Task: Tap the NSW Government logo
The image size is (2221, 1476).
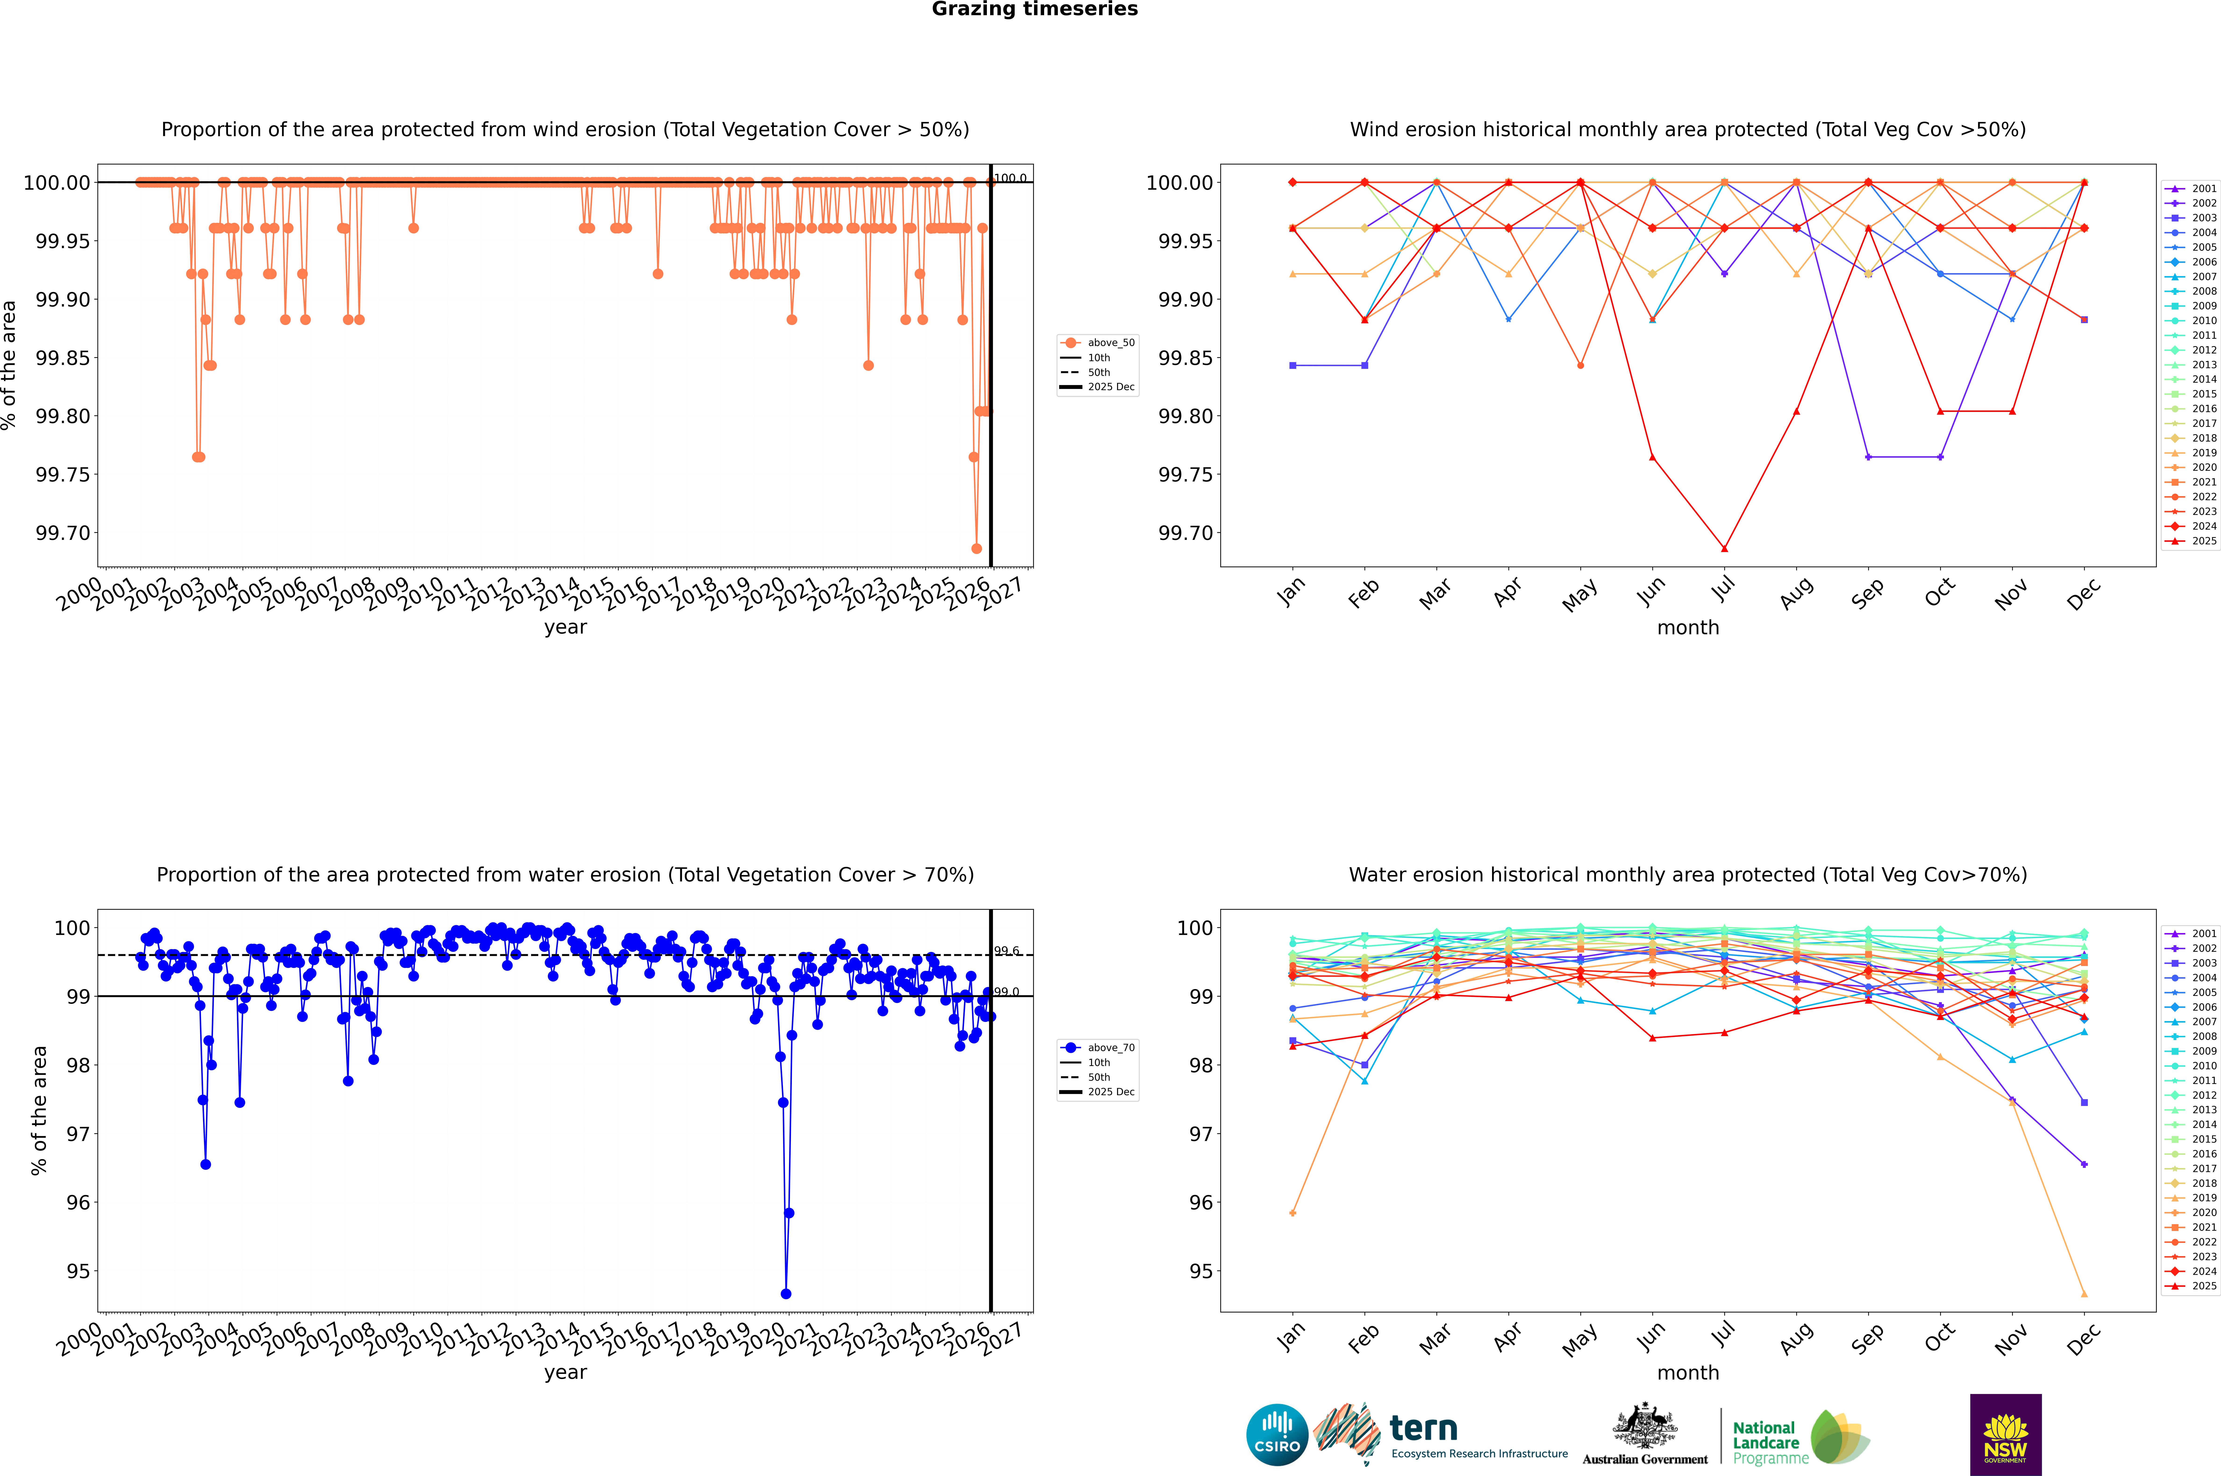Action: pyautogui.click(x=2005, y=1435)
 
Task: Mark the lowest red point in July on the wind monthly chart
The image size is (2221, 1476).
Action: pyautogui.click(x=1724, y=549)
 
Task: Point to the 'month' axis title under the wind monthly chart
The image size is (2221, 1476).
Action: pyautogui.click(x=1687, y=628)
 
